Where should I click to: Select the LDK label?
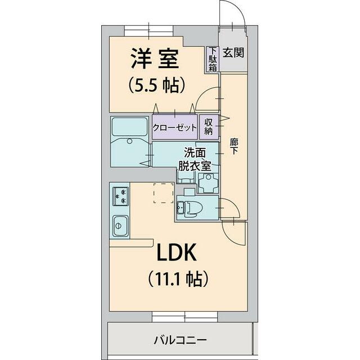176,253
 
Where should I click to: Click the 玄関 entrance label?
233,53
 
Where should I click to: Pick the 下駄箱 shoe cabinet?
213,59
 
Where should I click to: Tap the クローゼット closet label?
175,127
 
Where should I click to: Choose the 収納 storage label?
208,127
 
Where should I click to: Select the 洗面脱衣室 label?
195,158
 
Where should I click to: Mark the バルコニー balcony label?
180,340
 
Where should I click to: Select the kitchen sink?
120,226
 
